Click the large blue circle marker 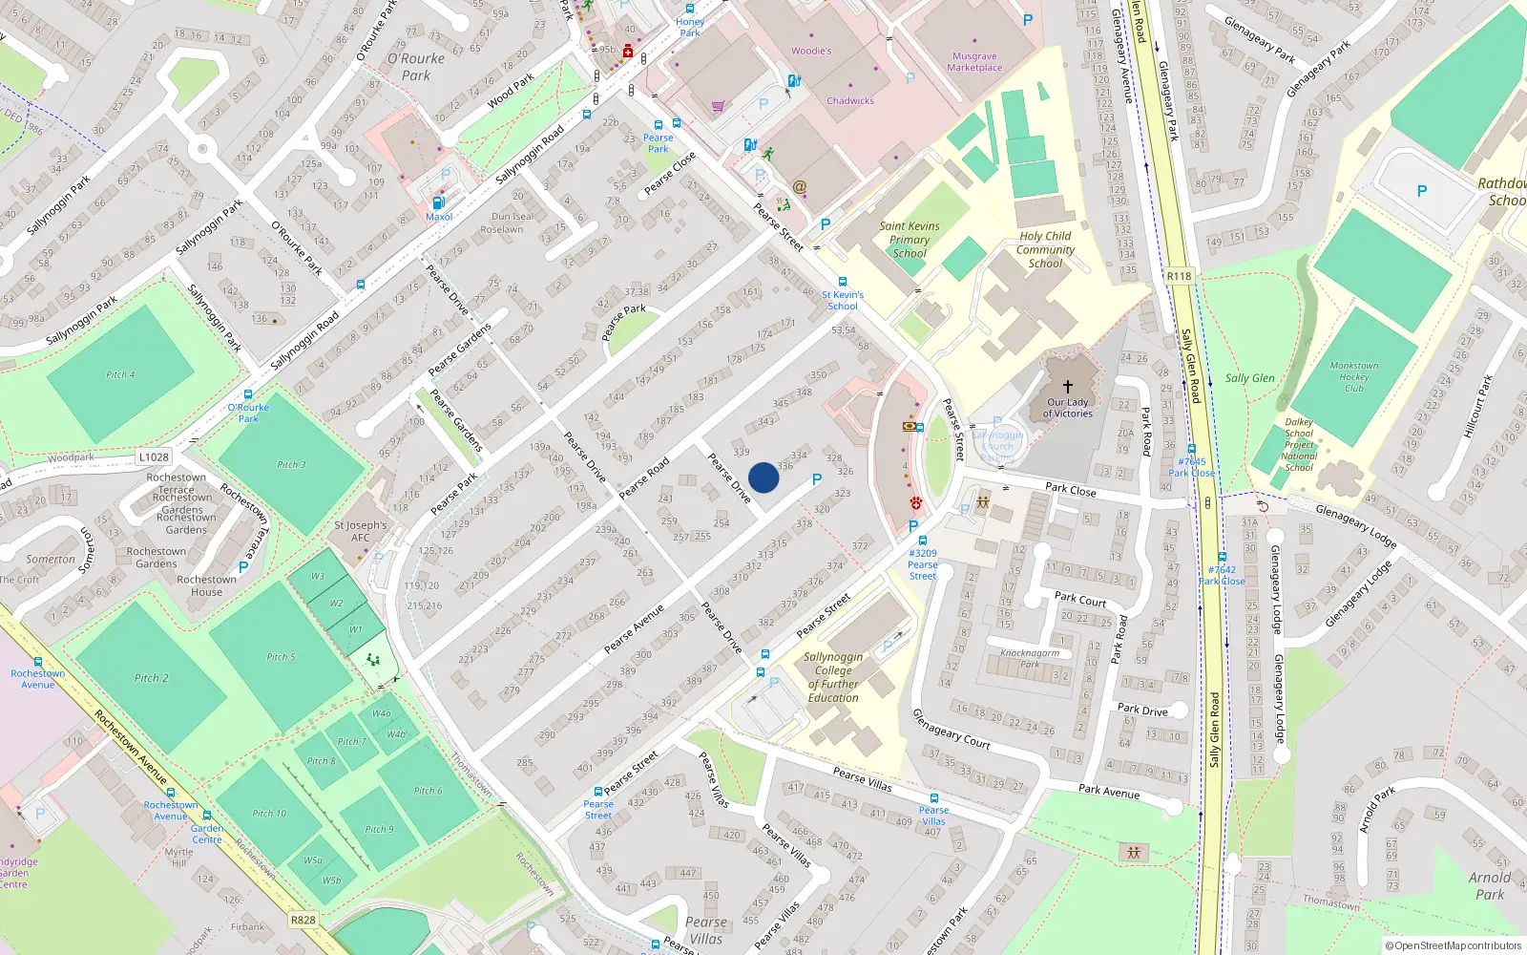coord(763,477)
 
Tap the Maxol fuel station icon coord(439,202)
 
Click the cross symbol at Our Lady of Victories coord(1067,386)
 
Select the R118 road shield coord(1180,276)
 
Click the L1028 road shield coord(154,457)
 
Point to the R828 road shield coord(303,920)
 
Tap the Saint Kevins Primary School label coord(909,240)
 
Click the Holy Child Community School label coord(1045,249)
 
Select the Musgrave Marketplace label coord(974,62)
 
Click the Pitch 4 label coord(120,374)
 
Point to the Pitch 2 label coord(151,678)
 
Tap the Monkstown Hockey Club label coord(1353,376)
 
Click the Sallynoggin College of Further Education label coord(833,677)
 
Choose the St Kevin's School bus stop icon coord(843,282)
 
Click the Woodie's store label coord(811,51)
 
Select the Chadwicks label coord(850,100)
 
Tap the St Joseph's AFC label coord(360,531)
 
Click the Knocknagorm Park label coord(1029,658)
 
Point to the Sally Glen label coord(1249,378)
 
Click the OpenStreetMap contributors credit coord(1453,945)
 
